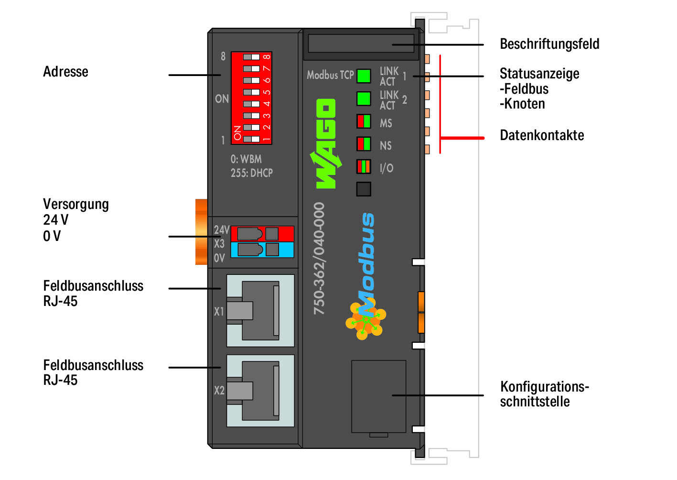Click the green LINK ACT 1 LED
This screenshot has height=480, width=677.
click(364, 76)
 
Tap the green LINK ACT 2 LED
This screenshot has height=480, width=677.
click(364, 98)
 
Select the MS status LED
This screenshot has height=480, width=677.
click(364, 121)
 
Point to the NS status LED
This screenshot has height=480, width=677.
click(364, 144)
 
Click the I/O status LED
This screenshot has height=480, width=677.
click(364, 166)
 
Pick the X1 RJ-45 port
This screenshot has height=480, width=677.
click(260, 311)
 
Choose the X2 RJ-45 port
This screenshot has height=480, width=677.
click(260, 391)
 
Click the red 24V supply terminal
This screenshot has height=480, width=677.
click(262, 234)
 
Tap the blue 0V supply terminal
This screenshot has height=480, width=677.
click(262, 250)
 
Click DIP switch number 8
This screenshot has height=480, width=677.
click(251, 57)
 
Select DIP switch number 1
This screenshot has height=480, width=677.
click(251, 139)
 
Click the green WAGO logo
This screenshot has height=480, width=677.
click(326, 144)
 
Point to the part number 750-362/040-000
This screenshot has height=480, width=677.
click(319, 259)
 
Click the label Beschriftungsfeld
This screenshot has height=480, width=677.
click(549, 44)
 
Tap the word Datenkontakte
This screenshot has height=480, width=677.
click(542, 135)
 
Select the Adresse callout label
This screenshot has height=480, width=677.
click(65, 72)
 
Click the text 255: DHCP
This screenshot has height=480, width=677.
click(252, 173)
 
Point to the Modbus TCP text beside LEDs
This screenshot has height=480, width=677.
click(330, 75)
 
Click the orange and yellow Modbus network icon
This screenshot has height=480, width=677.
click(365, 319)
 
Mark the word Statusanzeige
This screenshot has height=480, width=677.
click(539, 74)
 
